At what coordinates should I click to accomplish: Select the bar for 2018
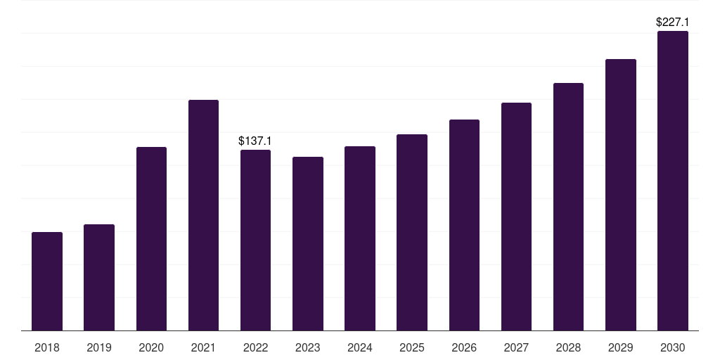[x=47, y=281]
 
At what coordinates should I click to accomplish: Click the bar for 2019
[x=99, y=277]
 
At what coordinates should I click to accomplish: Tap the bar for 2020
[x=152, y=239]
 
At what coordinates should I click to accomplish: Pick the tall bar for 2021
[x=203, y=215]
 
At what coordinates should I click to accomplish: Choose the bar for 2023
[x=308, y=244]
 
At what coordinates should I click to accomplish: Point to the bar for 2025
[x=412, y=232]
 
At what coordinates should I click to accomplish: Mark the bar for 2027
[x=516, y=217]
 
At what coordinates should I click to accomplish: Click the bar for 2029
[x=621, y=195]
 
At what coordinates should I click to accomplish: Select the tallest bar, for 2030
[x=673, y=181]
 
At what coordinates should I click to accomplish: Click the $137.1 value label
[x=255, y=141]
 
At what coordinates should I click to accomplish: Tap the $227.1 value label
[x=672, y=22]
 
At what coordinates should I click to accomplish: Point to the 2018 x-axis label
[x=47, y=347]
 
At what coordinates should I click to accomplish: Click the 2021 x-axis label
[x=203, y=347]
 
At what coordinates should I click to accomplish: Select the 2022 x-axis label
[x=255, y=347]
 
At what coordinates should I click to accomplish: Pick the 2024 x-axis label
[x=360, y=347]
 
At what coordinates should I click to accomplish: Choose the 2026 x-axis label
[x=464, y=347]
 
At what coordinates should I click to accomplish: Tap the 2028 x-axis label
[x=568, y=347]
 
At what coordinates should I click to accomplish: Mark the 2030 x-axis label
[x=673, y=347]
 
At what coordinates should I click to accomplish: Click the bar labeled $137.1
[x=255, y=240]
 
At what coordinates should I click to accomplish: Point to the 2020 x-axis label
[x=152, y=347]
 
